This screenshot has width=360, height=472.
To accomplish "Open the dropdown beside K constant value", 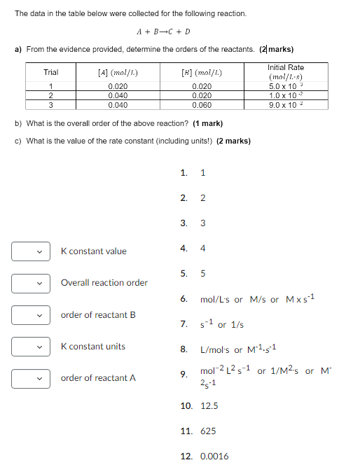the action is click(x=30, y=251).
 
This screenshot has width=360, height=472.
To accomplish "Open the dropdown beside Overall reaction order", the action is click(x=30, y=283).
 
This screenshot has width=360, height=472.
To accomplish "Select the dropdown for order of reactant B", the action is click(x=30, y=315).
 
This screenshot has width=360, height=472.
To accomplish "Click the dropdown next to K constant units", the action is click(x=30, y=347).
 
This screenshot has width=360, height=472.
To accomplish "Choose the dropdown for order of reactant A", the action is click(x=30, y=378).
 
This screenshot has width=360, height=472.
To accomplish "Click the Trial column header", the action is click(x=51, y=72).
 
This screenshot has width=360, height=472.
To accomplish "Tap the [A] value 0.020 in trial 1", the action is click(x=118, y=86).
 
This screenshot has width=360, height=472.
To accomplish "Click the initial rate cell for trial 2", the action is click(x=286, y=95).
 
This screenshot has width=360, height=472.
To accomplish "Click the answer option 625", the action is click(x=208, y=431).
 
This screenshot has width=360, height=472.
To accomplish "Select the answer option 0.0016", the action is click(x=214, y=457).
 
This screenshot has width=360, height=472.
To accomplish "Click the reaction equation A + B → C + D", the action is click(x=163, y=32).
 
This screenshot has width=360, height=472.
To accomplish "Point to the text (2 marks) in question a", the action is click(x=276, y=49).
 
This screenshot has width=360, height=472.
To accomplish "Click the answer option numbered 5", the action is click(x=203, y=273).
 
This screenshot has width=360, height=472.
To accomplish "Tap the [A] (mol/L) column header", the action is click(x=118, y=72).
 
